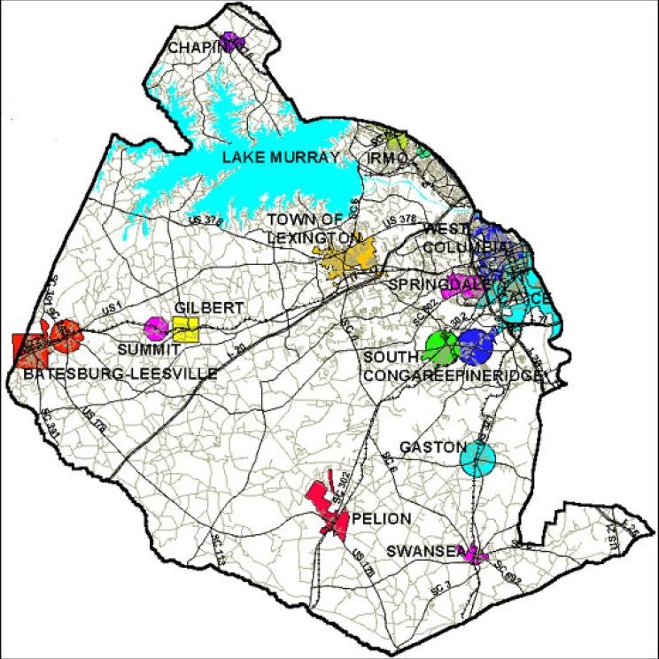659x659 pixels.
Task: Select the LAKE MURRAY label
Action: [281, 158]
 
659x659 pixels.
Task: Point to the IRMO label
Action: [387, 158]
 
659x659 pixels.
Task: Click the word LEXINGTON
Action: [314, 239]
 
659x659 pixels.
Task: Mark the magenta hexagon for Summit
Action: [157, 329]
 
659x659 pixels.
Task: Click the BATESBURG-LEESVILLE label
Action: [120, 374]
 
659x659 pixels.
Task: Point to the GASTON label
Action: [431, 447]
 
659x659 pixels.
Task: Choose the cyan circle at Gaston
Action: [478, 459]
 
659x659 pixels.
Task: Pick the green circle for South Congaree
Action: [440, 345]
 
